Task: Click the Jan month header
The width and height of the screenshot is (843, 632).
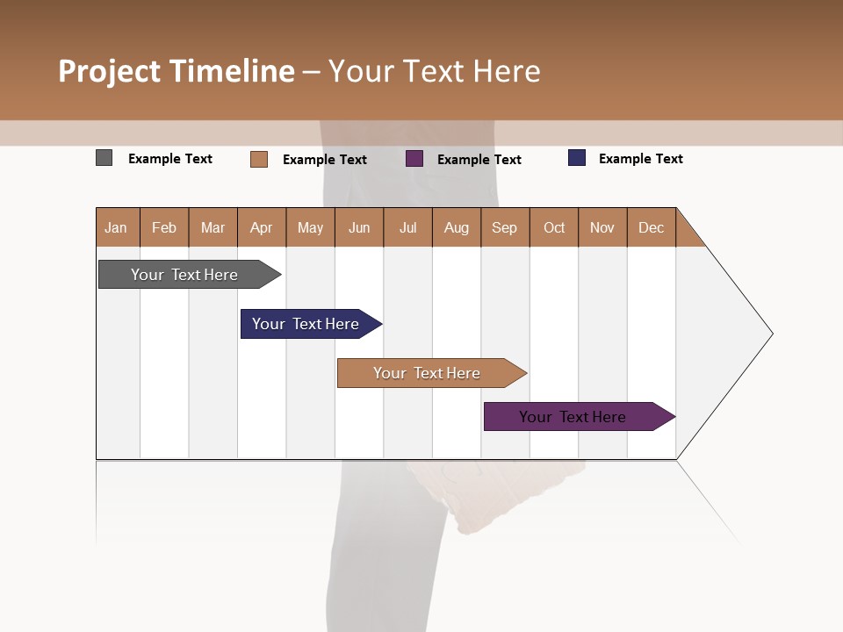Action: click(x=117, y=227)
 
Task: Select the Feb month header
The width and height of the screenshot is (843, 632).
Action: click(x=164, y=227)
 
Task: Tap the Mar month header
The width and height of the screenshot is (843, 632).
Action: click(x=213, y=227)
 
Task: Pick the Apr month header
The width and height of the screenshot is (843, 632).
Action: click(x=262, y=227)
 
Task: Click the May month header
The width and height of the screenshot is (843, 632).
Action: click(x=310, y=227)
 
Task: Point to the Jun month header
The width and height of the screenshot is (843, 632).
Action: click(x=359, y=227)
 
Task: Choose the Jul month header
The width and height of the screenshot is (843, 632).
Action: click(x=407, y=227)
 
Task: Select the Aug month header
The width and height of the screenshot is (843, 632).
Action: click(x=457, y=227)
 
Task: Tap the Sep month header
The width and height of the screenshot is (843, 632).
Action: click(x=505, y=227)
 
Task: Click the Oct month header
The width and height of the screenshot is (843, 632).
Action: click(x=554, y=227)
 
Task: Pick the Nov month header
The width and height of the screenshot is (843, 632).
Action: click(x=602, y=227)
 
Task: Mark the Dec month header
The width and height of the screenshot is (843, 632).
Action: click(x=652, y=227)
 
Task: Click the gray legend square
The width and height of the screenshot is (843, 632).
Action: click(x=104, y=158)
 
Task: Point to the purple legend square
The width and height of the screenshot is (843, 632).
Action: click(x=414, y=159)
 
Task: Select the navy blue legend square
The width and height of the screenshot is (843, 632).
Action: click(x=577, y=158)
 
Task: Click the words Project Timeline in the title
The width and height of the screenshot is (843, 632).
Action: click(x=177, y=71)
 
